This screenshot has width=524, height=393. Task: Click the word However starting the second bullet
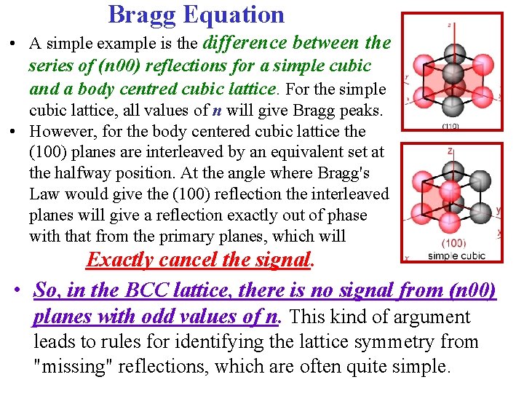[61, 132]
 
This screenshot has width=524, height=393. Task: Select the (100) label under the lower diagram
[453, 242]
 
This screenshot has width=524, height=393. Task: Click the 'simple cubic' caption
[456, 255]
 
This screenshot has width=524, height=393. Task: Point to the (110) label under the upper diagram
[451, 126]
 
